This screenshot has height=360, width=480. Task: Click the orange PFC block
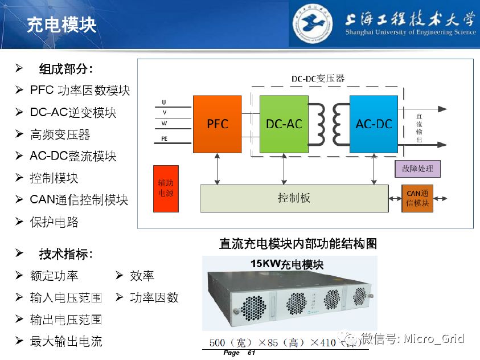point(217,124)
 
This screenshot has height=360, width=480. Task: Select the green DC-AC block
point(284,124)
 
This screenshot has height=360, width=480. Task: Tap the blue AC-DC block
point(374,124)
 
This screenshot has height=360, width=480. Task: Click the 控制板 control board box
point(294,198)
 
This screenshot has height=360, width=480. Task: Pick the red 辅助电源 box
point(166,189)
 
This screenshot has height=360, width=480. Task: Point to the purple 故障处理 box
point(417,169)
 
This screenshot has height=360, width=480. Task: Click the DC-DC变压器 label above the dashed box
point(318,78)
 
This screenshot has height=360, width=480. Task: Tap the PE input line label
point(165,138)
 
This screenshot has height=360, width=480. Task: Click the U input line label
point(165,103)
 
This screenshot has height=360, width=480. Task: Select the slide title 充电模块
point(61,25)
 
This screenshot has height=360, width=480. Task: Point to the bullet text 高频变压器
point(60,134)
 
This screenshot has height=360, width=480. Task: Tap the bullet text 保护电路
point(54,222)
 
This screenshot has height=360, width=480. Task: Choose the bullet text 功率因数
point(154,297)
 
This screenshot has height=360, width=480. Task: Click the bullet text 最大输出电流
point(66,342)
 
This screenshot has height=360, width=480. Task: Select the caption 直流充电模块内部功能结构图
point(298,244)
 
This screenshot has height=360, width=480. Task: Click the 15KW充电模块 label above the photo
point(287,264)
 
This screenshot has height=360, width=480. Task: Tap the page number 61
point(251,353)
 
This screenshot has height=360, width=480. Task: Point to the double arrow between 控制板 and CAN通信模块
point(395,199)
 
